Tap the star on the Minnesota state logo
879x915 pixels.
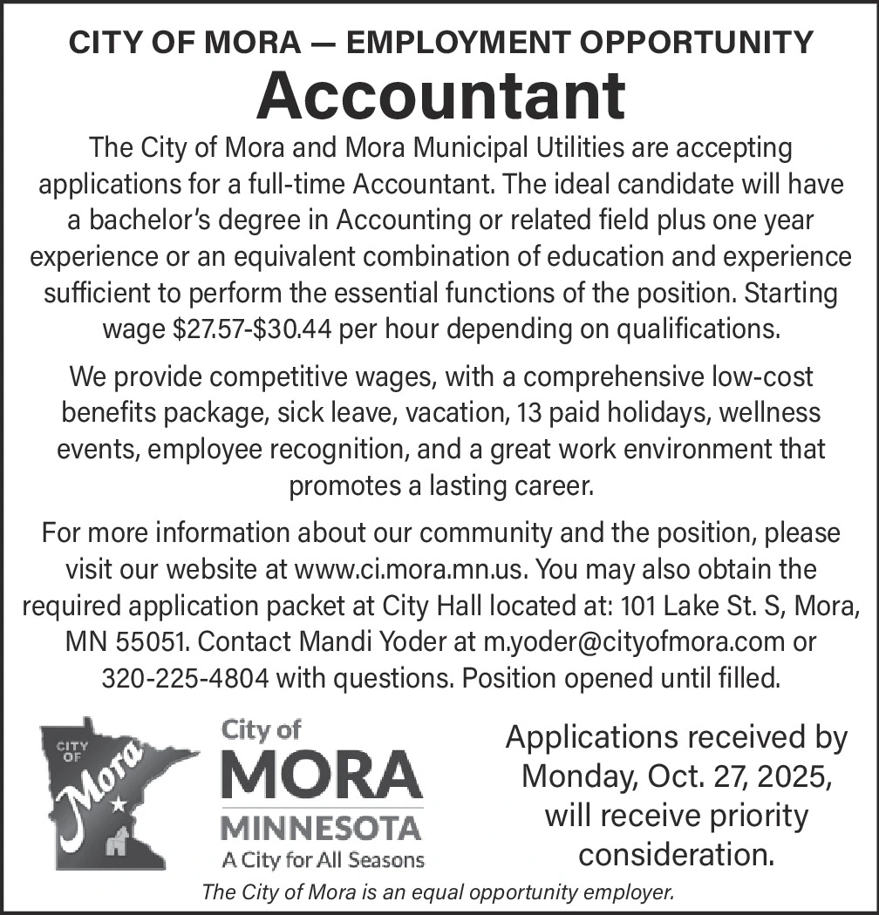(118, 804)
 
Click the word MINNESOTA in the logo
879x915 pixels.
(320, 825)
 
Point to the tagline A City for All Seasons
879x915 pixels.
(323, 861)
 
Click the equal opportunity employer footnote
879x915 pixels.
(439, 892)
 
